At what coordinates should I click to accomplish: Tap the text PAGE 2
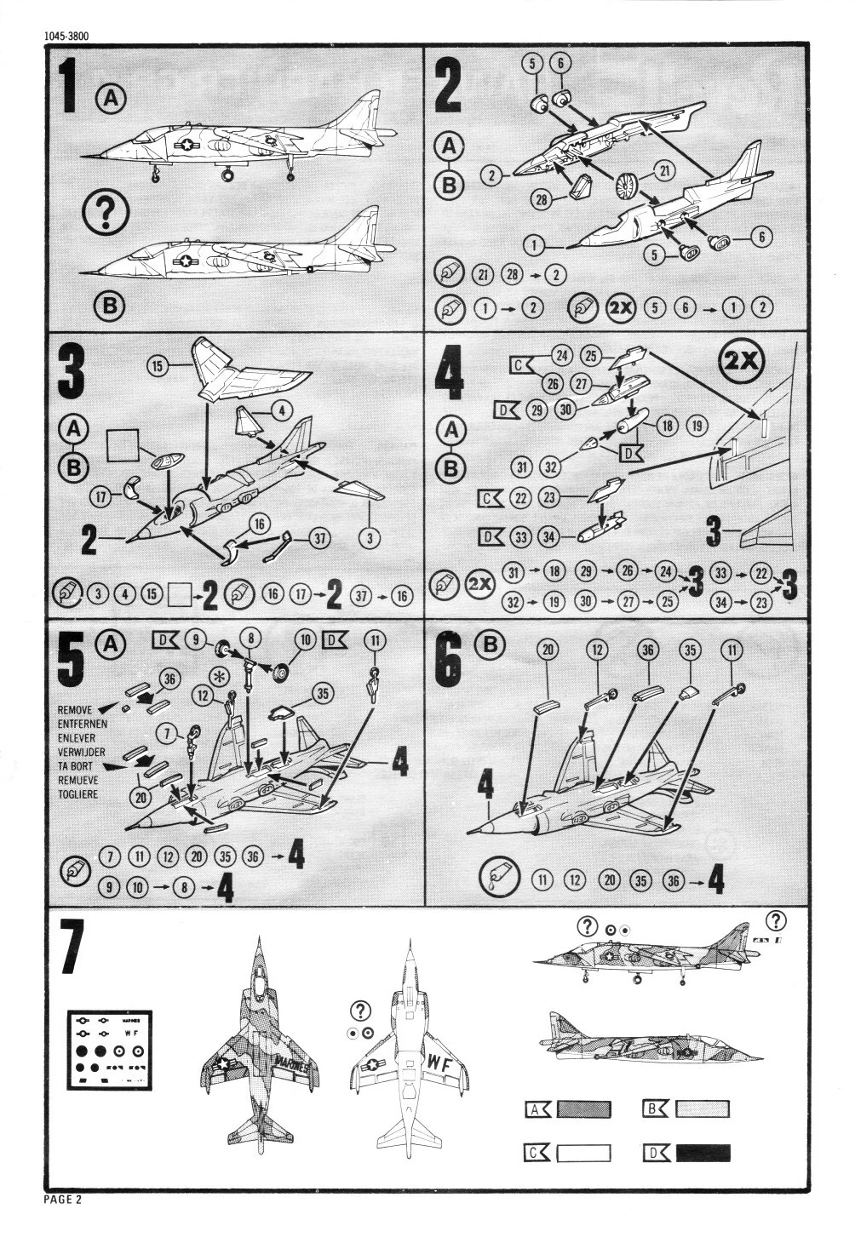[62, 1200]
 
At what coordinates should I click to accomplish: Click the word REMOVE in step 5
[75, 708]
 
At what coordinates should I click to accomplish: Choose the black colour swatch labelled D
[703, 1154]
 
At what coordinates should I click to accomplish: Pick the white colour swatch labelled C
[583, 1154]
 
